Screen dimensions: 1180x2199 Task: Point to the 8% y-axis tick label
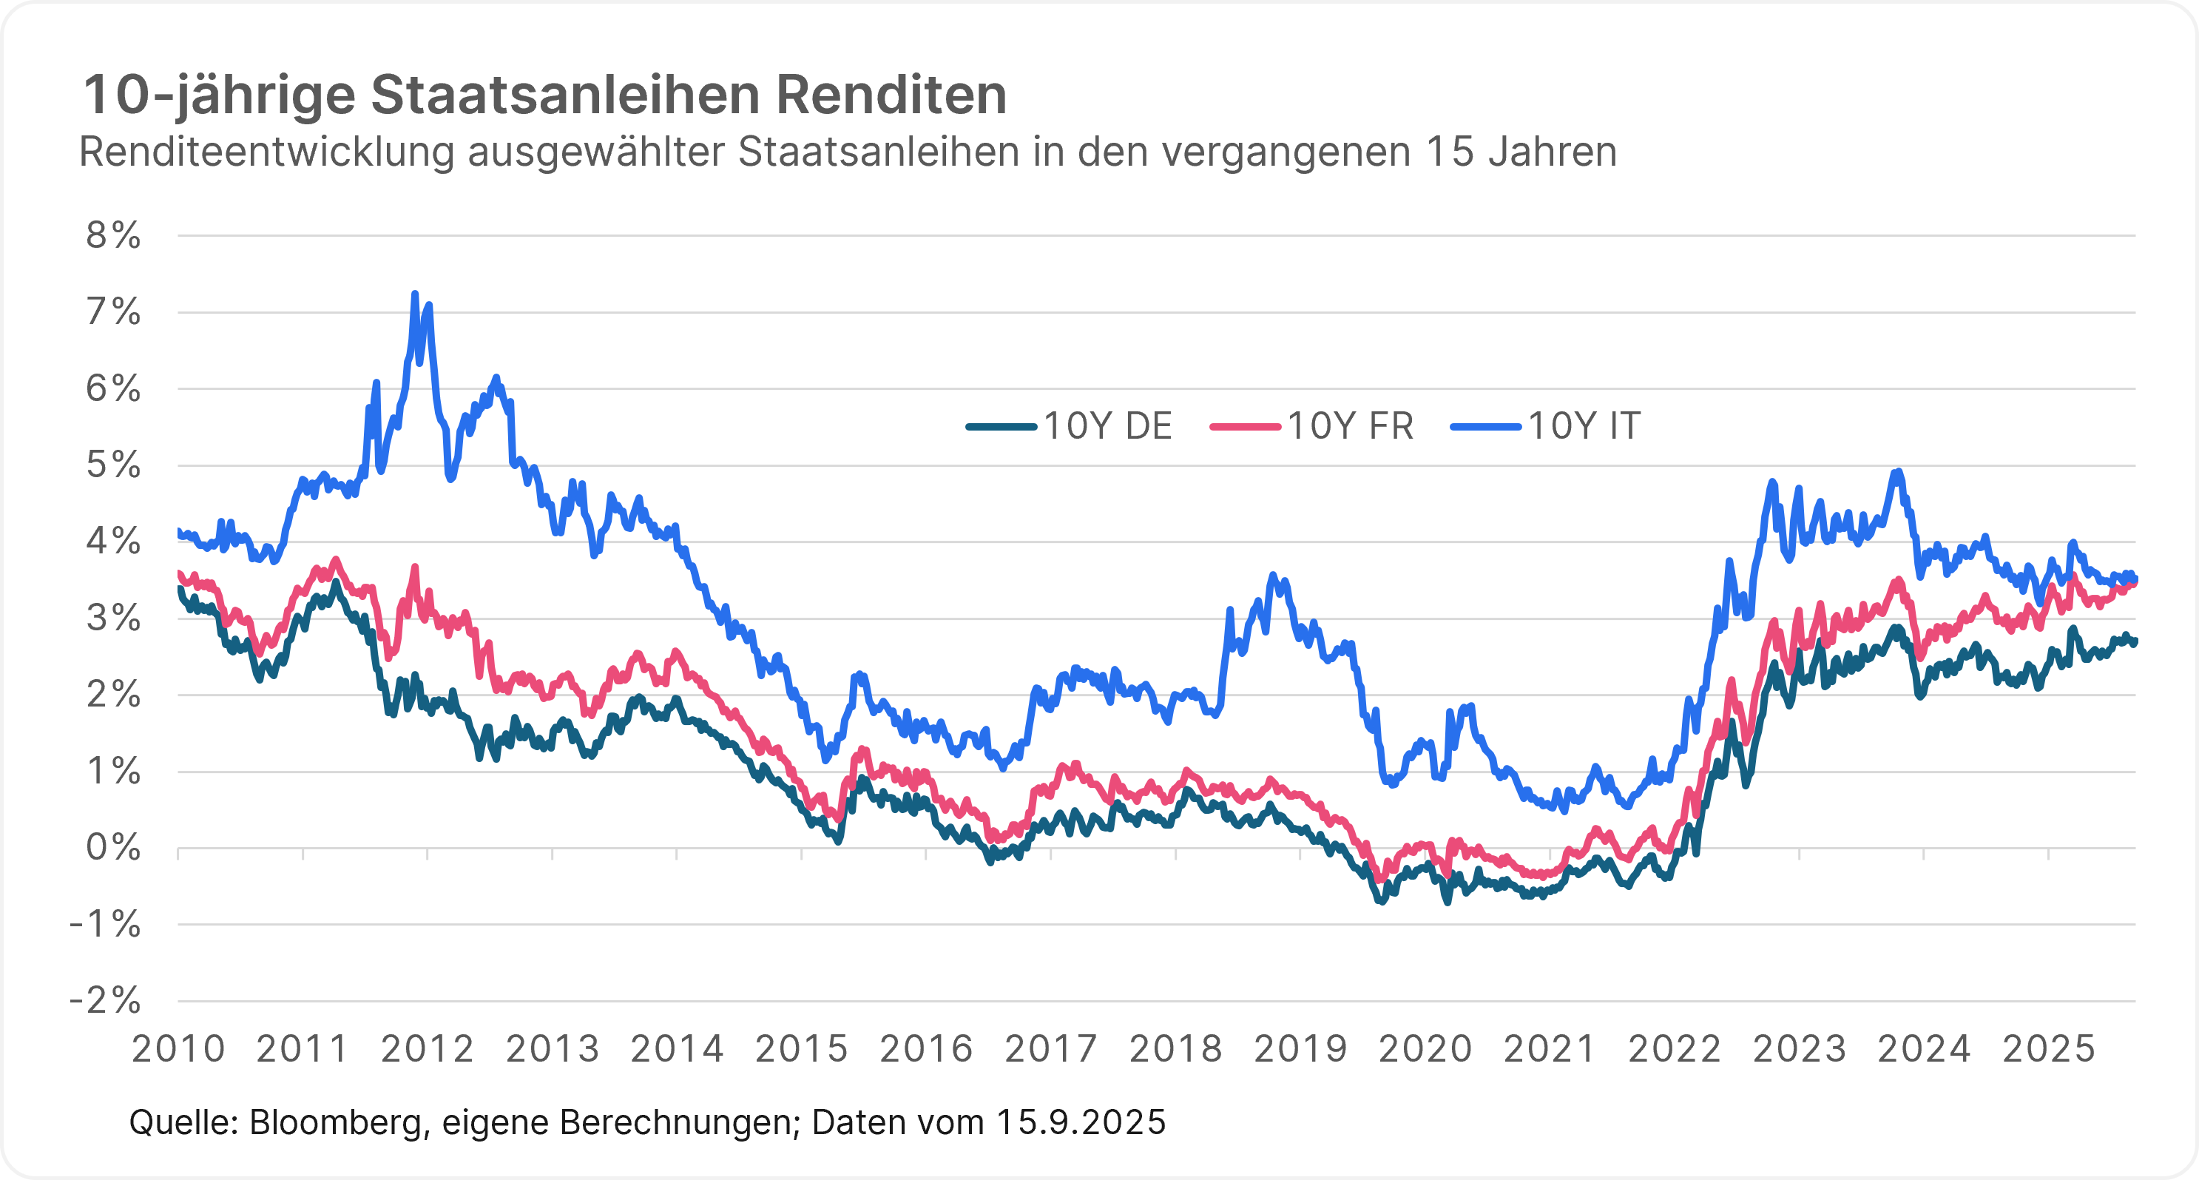click(113, 236)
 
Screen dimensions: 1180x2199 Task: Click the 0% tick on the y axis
click(113, 848)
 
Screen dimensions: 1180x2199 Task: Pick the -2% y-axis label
click(106, 999)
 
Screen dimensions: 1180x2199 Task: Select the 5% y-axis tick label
click(113, 465)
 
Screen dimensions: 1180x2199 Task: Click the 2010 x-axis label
click(178, 1049)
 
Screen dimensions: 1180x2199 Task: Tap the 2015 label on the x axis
click(802, 1049)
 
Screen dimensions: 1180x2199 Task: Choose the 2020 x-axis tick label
click(1425, 1049)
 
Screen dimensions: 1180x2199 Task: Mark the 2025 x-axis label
click(2049, 1049)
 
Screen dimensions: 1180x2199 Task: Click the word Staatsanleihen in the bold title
click(565, 95)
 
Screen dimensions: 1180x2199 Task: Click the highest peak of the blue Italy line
click(415, 294)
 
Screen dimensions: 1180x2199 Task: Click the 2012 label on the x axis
click(428, 1049)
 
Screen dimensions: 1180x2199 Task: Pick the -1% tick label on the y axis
click(106, 924)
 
